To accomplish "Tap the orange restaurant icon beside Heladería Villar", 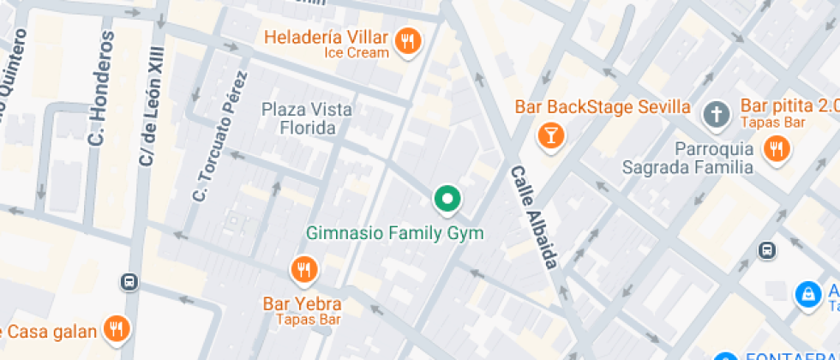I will click(x=407, y=40).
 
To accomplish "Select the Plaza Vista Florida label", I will click(x=307, y=118).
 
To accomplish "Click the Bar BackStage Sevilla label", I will click(x=603, y=107).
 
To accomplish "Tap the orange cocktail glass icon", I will click(x=549, y=135).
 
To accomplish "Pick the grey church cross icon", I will click(x=716, y=113).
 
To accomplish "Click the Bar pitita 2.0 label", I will click(x=789, y=105).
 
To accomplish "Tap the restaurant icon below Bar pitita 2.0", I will click(x=777, y=149).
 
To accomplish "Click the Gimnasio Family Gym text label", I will click(x=395, y=233).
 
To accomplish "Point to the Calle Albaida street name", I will click(x=535, y=216).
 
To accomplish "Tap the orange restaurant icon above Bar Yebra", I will click(x=303, y=271).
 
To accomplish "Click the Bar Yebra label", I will click(x=302, y=303).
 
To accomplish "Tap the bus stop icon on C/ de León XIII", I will click(x=129, y=281).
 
